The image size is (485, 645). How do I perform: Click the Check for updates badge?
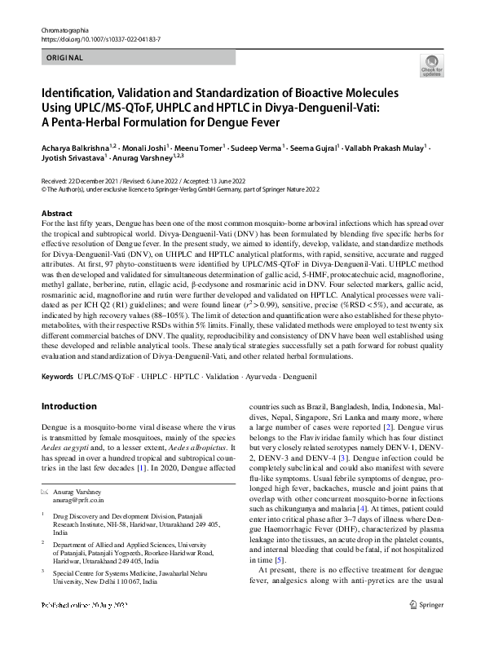click(x=431, y=66)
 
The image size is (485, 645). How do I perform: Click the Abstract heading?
click(x=56, y=213)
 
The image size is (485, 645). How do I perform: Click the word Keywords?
click(x=57, y=378)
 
